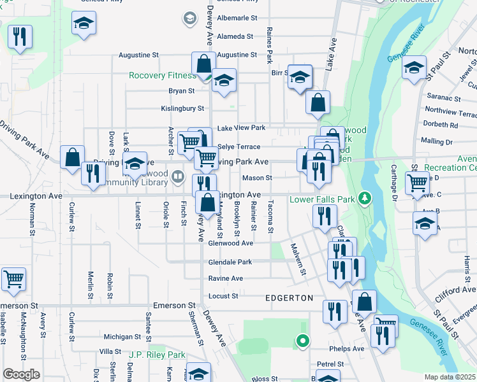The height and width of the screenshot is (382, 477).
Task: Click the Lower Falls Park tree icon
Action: click(x=365, y=199)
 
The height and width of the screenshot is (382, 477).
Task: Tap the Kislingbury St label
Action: click(x=181, y=109)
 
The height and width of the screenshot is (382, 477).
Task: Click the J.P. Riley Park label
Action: click(x=157, y=355)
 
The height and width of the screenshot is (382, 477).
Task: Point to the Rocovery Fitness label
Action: click(x=163, y=75)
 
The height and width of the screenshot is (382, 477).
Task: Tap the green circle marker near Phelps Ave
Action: click(x=302, y=342)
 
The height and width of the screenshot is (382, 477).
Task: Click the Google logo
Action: click(x=21, y=374)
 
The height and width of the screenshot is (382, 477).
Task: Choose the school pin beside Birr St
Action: click(x=300, y=77)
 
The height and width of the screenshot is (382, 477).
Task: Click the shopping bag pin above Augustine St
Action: click(x=203, y=64)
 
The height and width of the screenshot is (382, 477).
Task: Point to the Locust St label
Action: click(x=223, y=296)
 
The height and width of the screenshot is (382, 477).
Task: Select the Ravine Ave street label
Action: click(x=225, y=278)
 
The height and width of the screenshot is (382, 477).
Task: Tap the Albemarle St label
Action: click(x=237, y=18)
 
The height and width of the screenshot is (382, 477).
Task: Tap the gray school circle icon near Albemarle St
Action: click(x=189, y=18)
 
